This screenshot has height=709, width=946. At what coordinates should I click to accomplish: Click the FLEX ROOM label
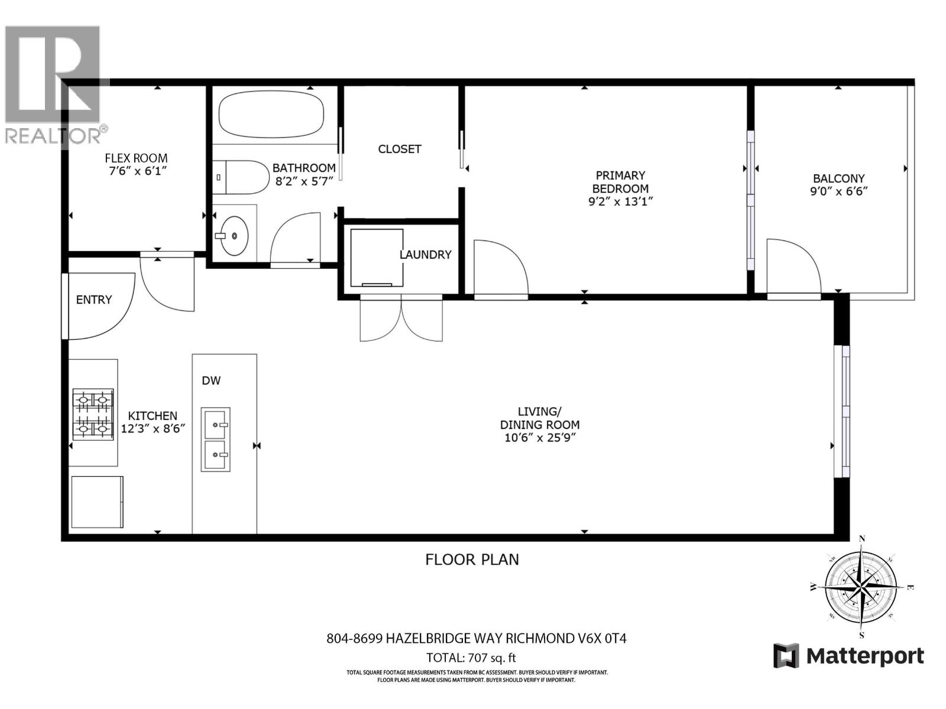(136, 158)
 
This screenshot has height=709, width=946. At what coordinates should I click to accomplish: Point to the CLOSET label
(400, 149)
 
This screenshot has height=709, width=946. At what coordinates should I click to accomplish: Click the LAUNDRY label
(425, 255)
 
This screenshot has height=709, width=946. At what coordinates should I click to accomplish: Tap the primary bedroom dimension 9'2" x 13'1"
(620, 201)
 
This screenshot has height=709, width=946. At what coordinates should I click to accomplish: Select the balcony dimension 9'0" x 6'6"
(838, 191)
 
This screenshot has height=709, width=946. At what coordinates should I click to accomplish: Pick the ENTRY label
(94, 300)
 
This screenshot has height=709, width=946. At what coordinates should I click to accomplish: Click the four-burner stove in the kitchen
(93, 414)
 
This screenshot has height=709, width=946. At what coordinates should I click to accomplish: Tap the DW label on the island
(211, 380)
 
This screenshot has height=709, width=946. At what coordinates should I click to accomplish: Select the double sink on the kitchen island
(215, 439)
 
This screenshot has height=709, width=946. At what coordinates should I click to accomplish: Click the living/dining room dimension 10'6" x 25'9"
(539, 438)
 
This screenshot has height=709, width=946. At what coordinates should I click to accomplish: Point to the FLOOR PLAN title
(472, 559)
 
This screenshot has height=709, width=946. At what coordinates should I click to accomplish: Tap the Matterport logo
(848, 656)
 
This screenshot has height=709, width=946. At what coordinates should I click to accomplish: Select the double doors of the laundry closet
(401, 319)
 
